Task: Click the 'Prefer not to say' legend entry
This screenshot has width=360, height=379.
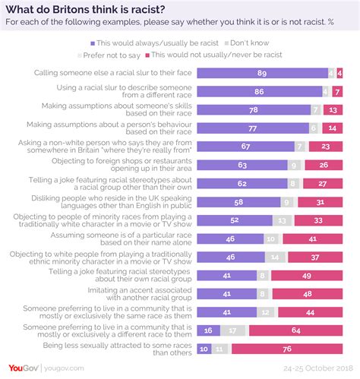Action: tap(113, 55)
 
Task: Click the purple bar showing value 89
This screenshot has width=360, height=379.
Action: tap(262, 74)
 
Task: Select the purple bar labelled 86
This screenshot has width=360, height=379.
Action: tap(259, 91)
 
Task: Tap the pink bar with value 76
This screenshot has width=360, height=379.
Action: tap(286, 348)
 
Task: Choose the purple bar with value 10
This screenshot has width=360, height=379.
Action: tap(204, 348)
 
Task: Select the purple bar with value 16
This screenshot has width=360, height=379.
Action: tap(209, 330)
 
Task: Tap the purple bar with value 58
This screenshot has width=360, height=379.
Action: tap(238, 202)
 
